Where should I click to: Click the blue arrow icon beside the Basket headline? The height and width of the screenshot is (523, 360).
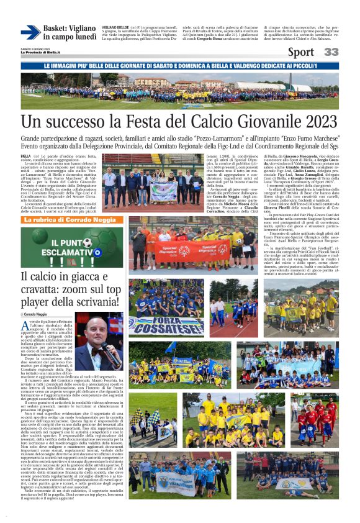pyautogui.click(x=30, y=32)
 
